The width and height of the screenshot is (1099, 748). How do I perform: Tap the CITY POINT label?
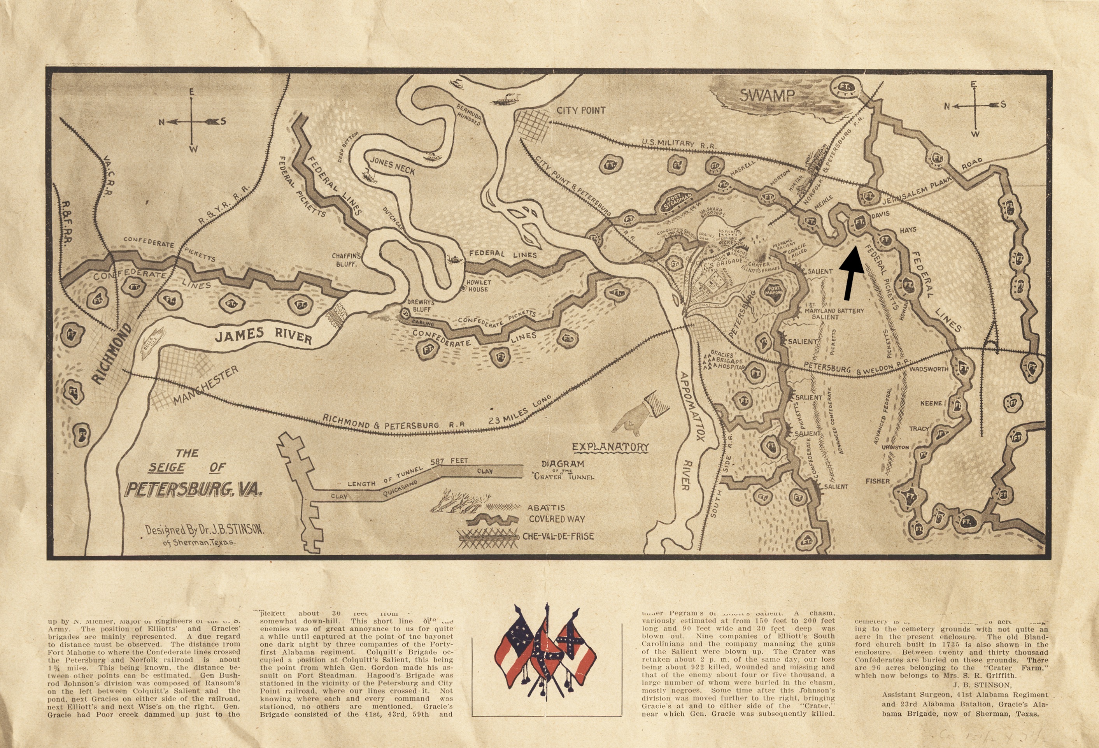coord(581,111)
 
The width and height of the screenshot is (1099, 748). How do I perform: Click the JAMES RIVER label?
coord(263,336)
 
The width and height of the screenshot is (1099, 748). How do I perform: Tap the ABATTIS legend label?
coord(546,507)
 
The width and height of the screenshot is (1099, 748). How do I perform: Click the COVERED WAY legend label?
coord(557,519)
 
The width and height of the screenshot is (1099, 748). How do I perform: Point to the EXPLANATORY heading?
coord(610,447)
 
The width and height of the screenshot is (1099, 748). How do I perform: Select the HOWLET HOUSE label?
coord(479,285)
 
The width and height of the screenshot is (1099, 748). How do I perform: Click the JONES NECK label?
coord(392,166)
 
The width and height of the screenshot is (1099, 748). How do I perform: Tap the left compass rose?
coord(191,121)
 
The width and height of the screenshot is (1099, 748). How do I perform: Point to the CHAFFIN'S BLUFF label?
coord(346,260)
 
